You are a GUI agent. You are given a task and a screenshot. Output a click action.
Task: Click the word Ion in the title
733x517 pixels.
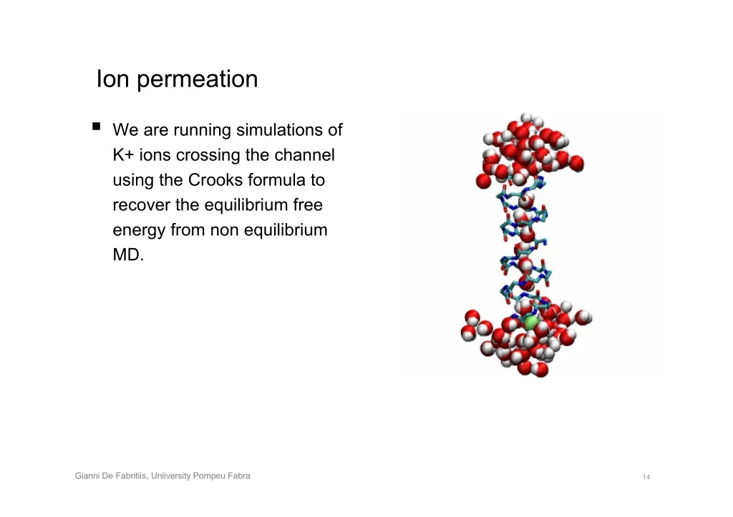click(x=112, y=79)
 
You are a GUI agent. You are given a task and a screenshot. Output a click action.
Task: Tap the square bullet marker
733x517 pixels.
click(x=97, y=126)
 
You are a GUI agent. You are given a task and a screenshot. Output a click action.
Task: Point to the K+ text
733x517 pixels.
click(x=123, y=154)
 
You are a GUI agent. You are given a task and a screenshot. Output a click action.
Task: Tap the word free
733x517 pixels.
click(x=308, y=205)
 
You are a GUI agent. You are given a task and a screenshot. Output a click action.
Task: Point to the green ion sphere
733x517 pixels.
click(x=530, y=322)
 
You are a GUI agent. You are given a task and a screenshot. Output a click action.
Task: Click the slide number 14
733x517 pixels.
click(x=646, y=477)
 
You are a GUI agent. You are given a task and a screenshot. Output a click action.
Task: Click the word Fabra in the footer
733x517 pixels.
click(x=239, y=476)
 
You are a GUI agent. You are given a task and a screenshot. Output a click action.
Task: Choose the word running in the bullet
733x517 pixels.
click(x=202, y=131)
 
